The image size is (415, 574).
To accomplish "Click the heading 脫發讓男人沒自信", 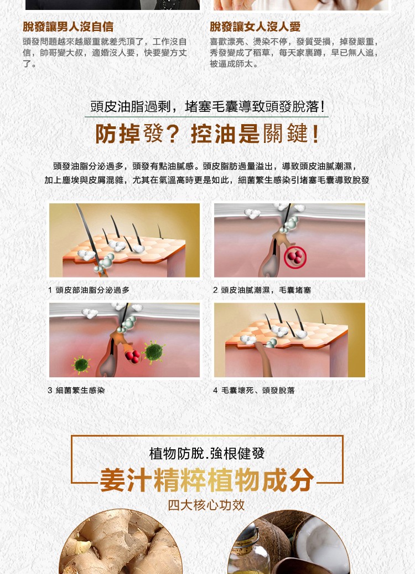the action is point(68,27).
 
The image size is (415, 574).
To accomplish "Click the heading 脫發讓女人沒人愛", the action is point(255,27).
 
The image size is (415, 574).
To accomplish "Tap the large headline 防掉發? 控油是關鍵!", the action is point(207,134).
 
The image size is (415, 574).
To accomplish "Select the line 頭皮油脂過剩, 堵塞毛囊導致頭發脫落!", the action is point(207,106).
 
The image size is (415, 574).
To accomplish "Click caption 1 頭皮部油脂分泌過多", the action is point(89,290).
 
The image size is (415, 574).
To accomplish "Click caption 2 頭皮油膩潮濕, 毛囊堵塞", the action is point(262,290).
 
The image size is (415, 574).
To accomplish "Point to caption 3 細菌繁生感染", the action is point(76,390).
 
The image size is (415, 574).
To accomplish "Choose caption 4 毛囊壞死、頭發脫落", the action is point(254,390).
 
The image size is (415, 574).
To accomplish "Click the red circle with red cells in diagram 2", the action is point(295,257).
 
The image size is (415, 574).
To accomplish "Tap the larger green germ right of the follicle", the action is point(154,352).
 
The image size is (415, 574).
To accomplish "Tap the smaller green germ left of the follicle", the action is point(81,365).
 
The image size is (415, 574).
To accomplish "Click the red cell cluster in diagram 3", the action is point(132,356).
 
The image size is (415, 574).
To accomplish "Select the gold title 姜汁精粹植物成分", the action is point(207,480).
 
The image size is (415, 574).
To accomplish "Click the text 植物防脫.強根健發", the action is point(207,454).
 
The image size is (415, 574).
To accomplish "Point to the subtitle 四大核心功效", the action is point(206,505).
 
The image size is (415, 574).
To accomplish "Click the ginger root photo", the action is point(121,542).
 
